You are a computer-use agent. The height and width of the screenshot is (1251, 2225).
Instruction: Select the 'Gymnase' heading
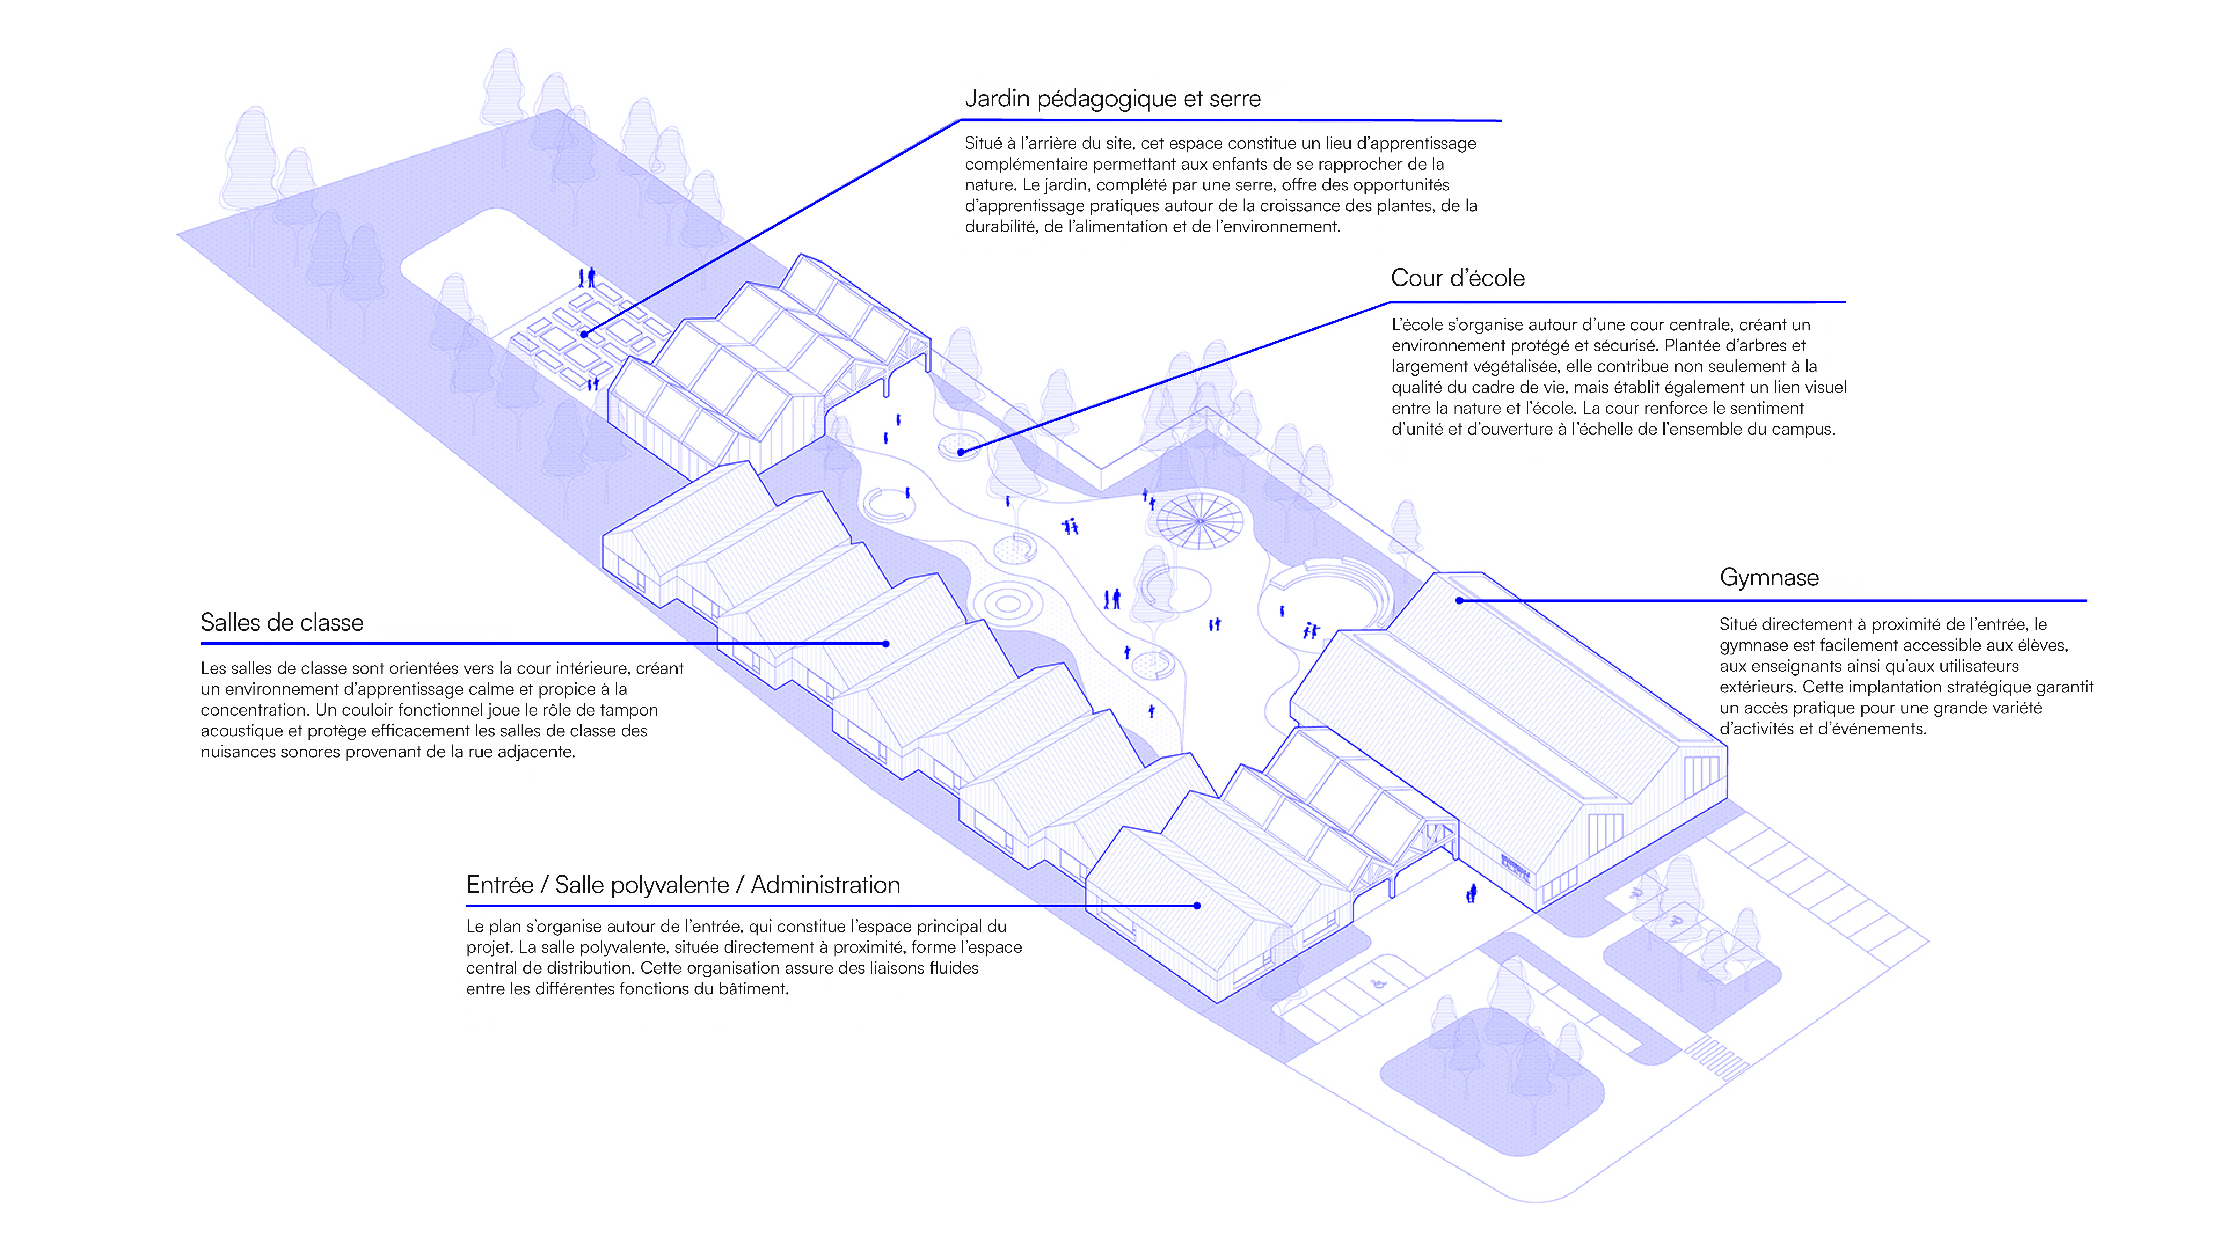click(x=1769, y=578)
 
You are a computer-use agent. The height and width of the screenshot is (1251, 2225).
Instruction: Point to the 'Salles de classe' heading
click(x=281, y=622)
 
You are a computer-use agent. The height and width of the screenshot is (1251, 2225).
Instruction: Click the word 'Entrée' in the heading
click(x=499, y=885)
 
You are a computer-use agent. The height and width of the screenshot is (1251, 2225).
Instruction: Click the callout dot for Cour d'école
click(x=961, y=451)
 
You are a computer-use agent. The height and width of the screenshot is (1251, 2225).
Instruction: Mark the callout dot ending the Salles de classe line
click(x=886, y=643)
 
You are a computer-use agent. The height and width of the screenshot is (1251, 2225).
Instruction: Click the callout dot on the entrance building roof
click(x=1197, y=906)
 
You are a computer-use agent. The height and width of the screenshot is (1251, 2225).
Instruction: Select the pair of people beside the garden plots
click(x=587, y=277)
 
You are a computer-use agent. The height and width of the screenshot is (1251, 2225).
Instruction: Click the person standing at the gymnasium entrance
click(x=1471, y=893)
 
